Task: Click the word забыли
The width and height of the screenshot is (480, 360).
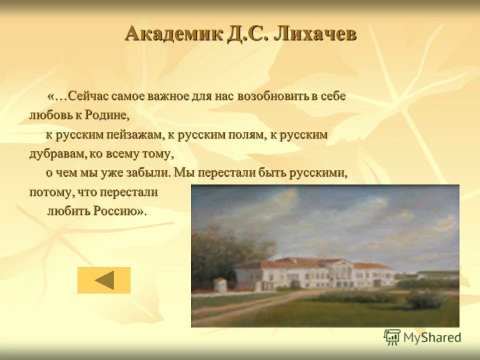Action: click(x=151, y=173)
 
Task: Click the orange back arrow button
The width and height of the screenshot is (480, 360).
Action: click(x=104, y=280)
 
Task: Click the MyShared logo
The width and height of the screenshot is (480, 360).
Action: click(x=422, y=337)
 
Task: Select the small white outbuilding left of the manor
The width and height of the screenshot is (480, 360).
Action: click(x=220, y=285)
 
